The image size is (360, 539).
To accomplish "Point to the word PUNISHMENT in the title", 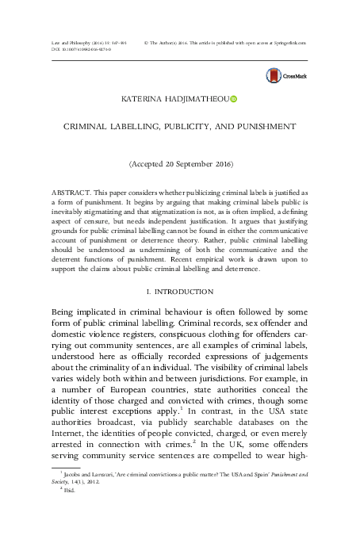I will coord(259,126).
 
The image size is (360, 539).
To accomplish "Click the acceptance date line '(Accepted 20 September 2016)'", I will coord(180,164).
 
